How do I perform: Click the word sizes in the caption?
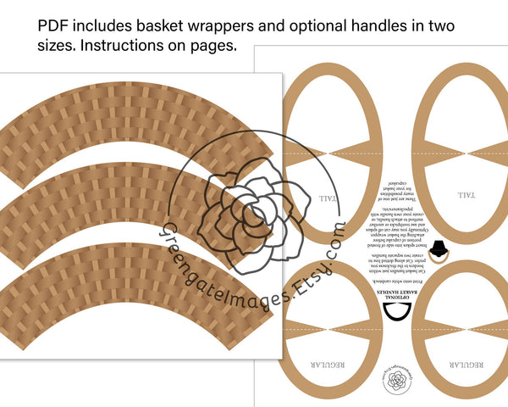pyautogui.click(x=56, y=46)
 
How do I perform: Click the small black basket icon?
pyautogui.click(x=439, y=247)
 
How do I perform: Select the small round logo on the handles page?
pyautogui.click(x=395, y=382)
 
